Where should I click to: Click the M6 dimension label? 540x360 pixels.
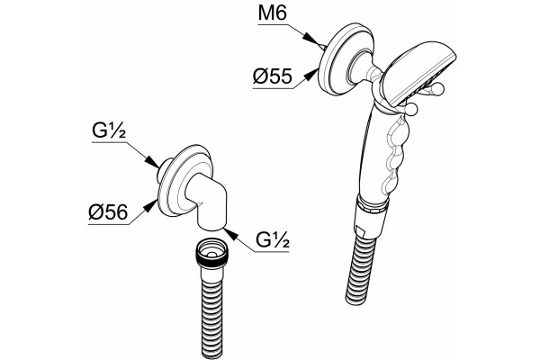(272, 13)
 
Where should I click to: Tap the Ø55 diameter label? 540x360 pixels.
(273, 76)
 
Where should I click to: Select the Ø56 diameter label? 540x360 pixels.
(108, 211)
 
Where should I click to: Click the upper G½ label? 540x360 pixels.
(109, 130)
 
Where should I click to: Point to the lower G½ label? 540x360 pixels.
(273, 240)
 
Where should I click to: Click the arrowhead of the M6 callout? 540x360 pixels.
(310, 38)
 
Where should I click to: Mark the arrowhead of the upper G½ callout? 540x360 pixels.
(152, 161)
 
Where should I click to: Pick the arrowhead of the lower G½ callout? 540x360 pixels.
(230, 234)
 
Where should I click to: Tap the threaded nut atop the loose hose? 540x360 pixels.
(211, 254)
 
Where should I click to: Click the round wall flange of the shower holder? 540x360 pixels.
(346, 58)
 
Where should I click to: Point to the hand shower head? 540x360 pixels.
(418, 74)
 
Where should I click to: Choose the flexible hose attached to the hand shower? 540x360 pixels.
(361, 270)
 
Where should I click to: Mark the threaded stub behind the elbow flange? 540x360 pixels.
(163, 169)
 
